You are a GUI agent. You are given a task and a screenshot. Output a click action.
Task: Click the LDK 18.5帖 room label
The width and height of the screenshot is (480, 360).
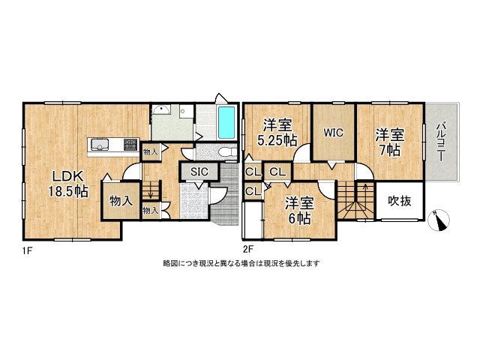[68, 184]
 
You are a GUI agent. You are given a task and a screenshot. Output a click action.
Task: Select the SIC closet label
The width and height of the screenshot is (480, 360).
[198, 172]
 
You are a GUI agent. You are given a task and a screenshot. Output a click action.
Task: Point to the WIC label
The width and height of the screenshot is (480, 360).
[334, 133]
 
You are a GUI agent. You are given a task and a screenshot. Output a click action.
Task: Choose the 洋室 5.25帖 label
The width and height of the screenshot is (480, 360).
[277, 133]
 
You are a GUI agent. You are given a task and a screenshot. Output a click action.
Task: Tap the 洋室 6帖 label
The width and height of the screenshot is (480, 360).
[299, 210]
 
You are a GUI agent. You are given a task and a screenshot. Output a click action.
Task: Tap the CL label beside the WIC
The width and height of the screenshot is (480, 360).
[277, 172]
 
